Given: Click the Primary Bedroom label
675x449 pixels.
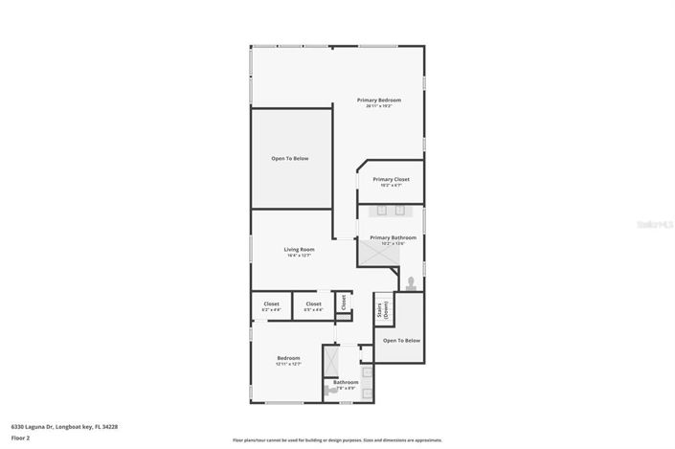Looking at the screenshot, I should point(379,100).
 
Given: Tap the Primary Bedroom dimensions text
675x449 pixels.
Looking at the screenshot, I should point(379,106).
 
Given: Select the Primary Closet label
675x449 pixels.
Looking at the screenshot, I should point(391,179).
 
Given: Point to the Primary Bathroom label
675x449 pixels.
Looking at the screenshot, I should point(393,237).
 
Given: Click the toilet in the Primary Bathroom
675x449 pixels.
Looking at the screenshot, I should point(410,282).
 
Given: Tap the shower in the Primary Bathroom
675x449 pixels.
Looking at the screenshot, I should point(371,251).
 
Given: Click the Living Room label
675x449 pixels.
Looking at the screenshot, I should point(299,250).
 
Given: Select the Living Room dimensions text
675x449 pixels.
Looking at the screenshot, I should point(299,256).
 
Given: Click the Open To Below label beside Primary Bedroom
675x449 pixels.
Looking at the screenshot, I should point(290,158).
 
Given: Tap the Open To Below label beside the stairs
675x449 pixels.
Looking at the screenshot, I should point(401,340).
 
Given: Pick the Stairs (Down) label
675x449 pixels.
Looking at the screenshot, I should point(383,310).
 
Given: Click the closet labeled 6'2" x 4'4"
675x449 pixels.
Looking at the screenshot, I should point(271,306).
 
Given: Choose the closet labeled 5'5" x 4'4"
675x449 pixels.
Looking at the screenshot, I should point(313,306).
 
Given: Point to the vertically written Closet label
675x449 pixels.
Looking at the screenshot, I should point(344,303).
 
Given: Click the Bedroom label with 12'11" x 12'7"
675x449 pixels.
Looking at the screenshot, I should point(289,359).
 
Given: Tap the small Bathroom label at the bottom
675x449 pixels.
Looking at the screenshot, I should point(345,383).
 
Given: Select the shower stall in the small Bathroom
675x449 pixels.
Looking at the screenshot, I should point(331,361).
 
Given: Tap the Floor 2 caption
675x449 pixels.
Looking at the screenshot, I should point(20,438).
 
